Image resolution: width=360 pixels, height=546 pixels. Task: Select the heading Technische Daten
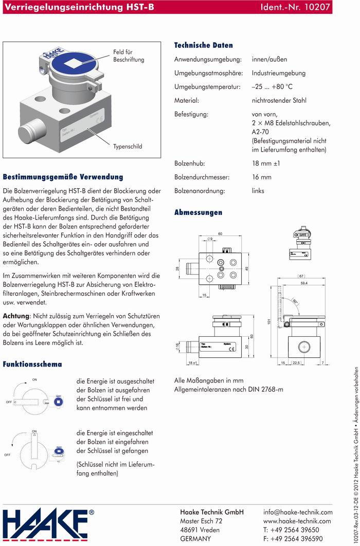coord(203,45)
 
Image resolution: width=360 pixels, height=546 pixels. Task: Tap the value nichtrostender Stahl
coord(286,101)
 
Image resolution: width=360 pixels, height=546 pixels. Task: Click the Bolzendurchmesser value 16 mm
coord(261,177)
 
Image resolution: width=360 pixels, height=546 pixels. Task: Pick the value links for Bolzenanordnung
coord(258,191)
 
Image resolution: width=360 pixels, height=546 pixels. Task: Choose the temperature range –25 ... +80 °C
coord(279,87)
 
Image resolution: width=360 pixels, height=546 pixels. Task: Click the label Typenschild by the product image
coord(128,147)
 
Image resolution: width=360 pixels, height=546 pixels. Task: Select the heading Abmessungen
coord(198,212)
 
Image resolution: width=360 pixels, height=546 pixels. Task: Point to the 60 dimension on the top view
coord(220,234)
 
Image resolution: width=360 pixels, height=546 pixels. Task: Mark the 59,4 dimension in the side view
coord(303,284)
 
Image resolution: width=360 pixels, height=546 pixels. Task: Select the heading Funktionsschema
coord(32,365)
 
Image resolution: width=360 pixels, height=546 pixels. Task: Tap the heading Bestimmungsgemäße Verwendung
coord(63,177)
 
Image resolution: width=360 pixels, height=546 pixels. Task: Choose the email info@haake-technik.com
coord(298,513)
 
